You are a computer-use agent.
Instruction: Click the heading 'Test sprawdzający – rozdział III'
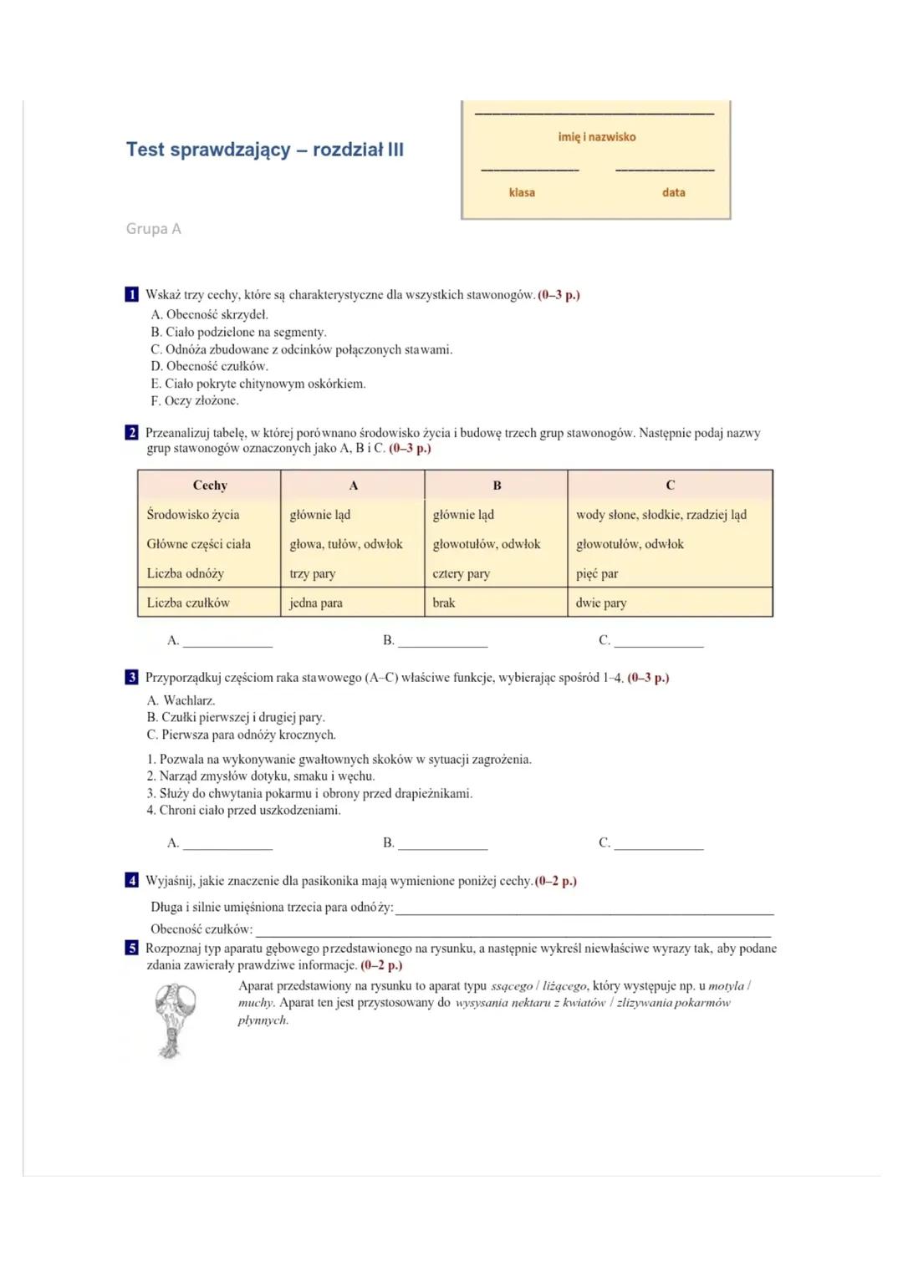pyautogui.click(x=264, y=150)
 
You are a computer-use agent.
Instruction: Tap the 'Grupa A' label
pyautogui.click(x=153, y=229)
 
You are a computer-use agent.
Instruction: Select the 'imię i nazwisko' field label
pyautogui.click(x=596, y=137)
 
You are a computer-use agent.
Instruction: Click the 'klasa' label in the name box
pyautogui.click(x=522, y=192)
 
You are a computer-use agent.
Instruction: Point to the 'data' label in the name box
pyautogui.click(x=673, y=192)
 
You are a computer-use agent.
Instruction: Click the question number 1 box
pyautogui.click(x=132, y=294)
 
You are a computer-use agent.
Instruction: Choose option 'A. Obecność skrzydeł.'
pyautogui.click(x=210, y=315)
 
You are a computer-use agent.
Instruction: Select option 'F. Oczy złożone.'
pyautogui.click(x=195, y=400)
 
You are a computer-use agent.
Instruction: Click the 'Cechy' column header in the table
pyautogui.click(x=210, y=485)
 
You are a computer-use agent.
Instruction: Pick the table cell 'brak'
pyautogui.click(x=444, y=603)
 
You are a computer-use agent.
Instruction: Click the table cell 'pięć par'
pyautogui.click(x=597, y=573)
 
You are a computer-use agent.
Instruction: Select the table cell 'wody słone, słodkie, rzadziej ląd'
pyautogui.click(x=661, y=515)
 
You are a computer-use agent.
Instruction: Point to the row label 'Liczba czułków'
pyautogui.click(x=188, y=603)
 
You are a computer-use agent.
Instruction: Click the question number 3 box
pyautogui.click(x=132, y=677)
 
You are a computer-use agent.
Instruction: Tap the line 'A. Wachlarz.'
pyautogui.click(x=181, y=700)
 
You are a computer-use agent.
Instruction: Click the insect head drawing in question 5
pyautogui.click(x=175, y=1020)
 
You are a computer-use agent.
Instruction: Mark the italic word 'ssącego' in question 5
pyautogui.click(x=511, y=986)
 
